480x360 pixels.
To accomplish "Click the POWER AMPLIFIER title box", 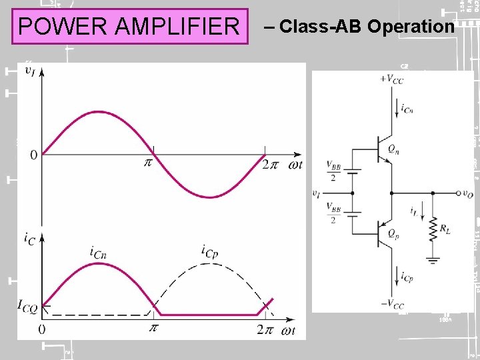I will click(x=129, y=27).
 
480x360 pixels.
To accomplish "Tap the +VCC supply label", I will click(x=391, y=79).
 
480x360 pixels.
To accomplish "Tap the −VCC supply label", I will click(x=391, y=305).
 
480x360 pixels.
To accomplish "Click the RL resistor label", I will click(x=444, y=229).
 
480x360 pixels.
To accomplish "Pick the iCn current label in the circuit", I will click(x=407, y=108).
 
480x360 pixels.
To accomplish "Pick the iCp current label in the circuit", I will click(x=407, y=277).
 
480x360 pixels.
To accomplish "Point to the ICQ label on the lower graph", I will click(x=28, y=307).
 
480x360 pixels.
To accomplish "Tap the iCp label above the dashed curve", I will click(x=211, y=251).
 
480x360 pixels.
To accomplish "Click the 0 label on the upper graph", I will click(x=33, y=155).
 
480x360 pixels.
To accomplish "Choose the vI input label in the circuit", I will click(x=316, y=193).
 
